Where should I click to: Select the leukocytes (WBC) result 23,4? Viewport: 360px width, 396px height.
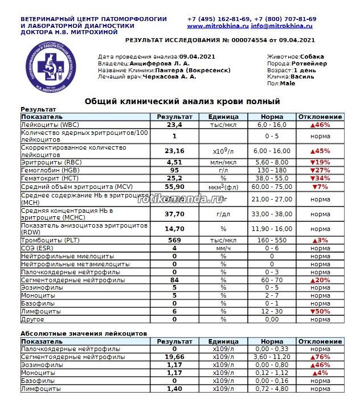pyautogui.click(x=174, y=125)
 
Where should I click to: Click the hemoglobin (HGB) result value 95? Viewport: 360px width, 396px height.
pyautogui.click(x=174, y=170)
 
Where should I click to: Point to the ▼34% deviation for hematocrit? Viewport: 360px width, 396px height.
pyautogui.click(x=321, y=178)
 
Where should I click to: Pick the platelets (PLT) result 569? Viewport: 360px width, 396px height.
pyautogui.click(x=174, y=241)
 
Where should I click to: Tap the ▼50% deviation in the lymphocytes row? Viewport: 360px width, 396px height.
pyautogui.click(x=321, y=312)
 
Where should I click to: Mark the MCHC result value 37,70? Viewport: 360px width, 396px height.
pyautogui.click(x=174, y=214)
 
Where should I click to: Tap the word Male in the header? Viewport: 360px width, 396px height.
pyautogui.click(x=288, y=83)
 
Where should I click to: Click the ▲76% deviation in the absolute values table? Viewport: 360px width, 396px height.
pyautogui.click(x=321, y=357)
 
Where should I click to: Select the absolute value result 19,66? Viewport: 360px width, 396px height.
pyautogui.click(x=174, y=357)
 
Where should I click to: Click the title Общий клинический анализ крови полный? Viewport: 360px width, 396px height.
pyautogui.click(x=182, y=101)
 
